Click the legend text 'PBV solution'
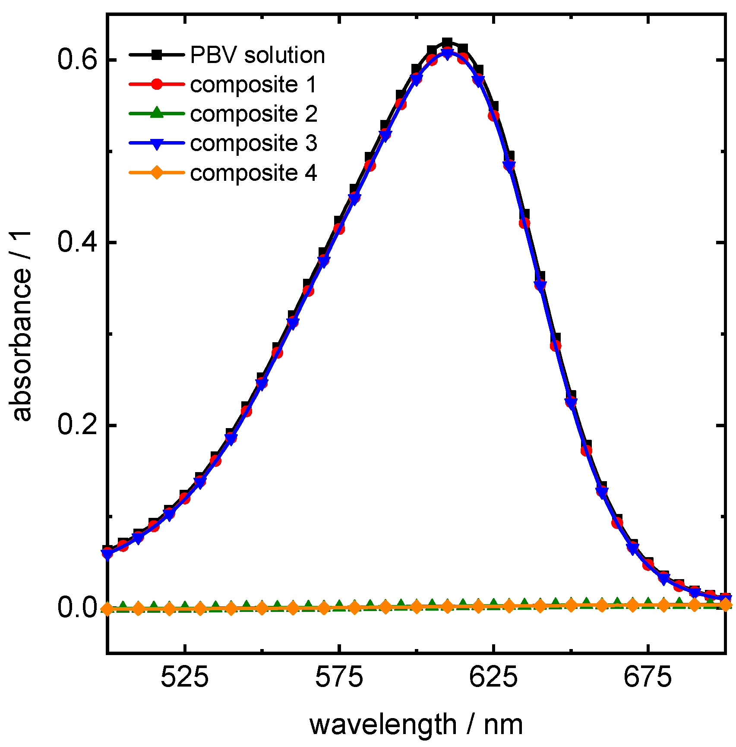click(257, 55)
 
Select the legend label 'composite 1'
click(253, 85)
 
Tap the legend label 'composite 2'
click(253, 114)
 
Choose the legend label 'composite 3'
click(253, 143)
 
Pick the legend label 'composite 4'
click(253, 173)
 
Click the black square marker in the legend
click(157, 55)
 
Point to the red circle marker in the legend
click(157, 84)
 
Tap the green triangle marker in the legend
click(157, 113)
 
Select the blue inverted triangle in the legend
click(157, 143)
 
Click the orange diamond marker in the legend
click(157, 173)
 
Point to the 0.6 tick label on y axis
click(76, 60)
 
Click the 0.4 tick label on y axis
click(76, 243)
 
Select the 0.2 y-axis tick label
click(76, 425)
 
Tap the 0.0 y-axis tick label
click(76, 608)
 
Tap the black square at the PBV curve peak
click(447, 43)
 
